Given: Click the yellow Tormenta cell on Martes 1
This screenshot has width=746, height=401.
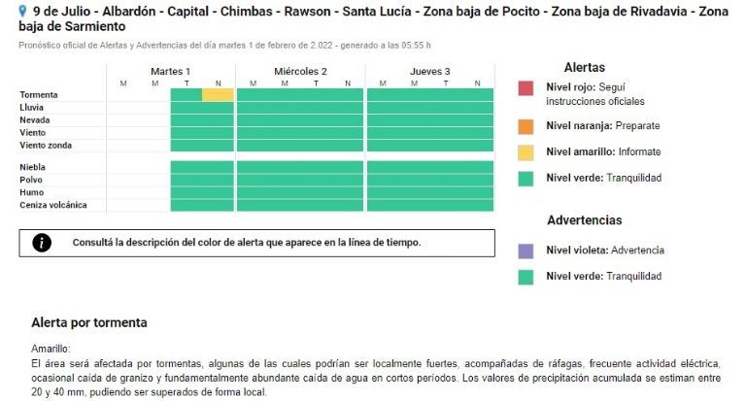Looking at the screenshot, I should pyautogui.click(x=218, y=95).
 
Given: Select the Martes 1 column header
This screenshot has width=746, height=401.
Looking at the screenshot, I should pyautogui.click(x=170, y=72).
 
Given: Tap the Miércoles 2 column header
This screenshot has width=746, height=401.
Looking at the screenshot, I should pyautogui.click(x=300, y=72).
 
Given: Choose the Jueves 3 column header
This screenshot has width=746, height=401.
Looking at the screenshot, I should pyautogui.click(x=429, y=72).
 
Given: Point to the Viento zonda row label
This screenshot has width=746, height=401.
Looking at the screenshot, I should pyautogui.click(x=46, y=146).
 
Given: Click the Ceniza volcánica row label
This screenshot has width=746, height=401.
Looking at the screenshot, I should pyautogui.click(x=53, y=205).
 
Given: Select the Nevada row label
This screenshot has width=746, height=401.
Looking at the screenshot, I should pyautogui.click(x=35, y=120).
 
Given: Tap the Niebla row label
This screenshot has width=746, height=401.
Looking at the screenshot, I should pyautogui.click(x=33, y=167).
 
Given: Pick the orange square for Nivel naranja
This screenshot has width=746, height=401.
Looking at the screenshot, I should pyautogui.click(x=526, y=126).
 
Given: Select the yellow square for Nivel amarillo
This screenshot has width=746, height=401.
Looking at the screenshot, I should pyautogui.click(x=526, y=151).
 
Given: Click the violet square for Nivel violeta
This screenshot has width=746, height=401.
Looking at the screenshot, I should pyautogui.click(x=526, y=251).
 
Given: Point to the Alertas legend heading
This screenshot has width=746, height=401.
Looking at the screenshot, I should pyautogui.click(x=584, y=68).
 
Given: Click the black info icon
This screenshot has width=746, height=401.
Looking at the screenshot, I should pyautogui.click(x=42, y=243).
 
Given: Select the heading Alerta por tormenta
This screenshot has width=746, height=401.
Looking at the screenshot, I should pyautogui.click(x=89, y=322).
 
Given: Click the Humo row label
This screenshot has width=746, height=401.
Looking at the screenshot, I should pyautogui.click(x=31, y=192).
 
